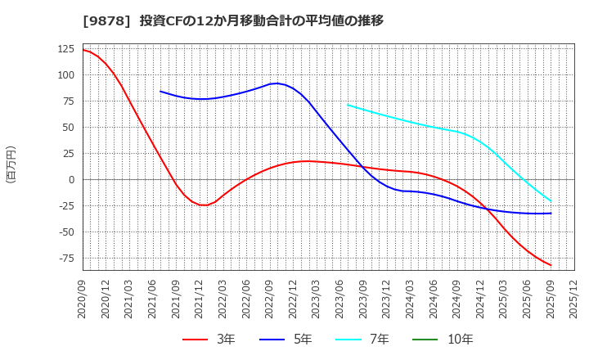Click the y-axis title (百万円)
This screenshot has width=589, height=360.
coord(11,164)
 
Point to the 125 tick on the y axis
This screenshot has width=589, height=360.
coord(65,49)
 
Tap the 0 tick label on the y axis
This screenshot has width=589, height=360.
coord(71,179)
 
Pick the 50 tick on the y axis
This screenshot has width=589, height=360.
coord(69,127)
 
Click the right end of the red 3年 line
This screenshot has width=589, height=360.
coord(551,265)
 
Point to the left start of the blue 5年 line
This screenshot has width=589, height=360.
coord(160,92)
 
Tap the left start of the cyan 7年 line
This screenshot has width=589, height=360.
coord(348,105)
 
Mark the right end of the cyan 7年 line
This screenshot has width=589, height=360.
coord(551,201)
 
